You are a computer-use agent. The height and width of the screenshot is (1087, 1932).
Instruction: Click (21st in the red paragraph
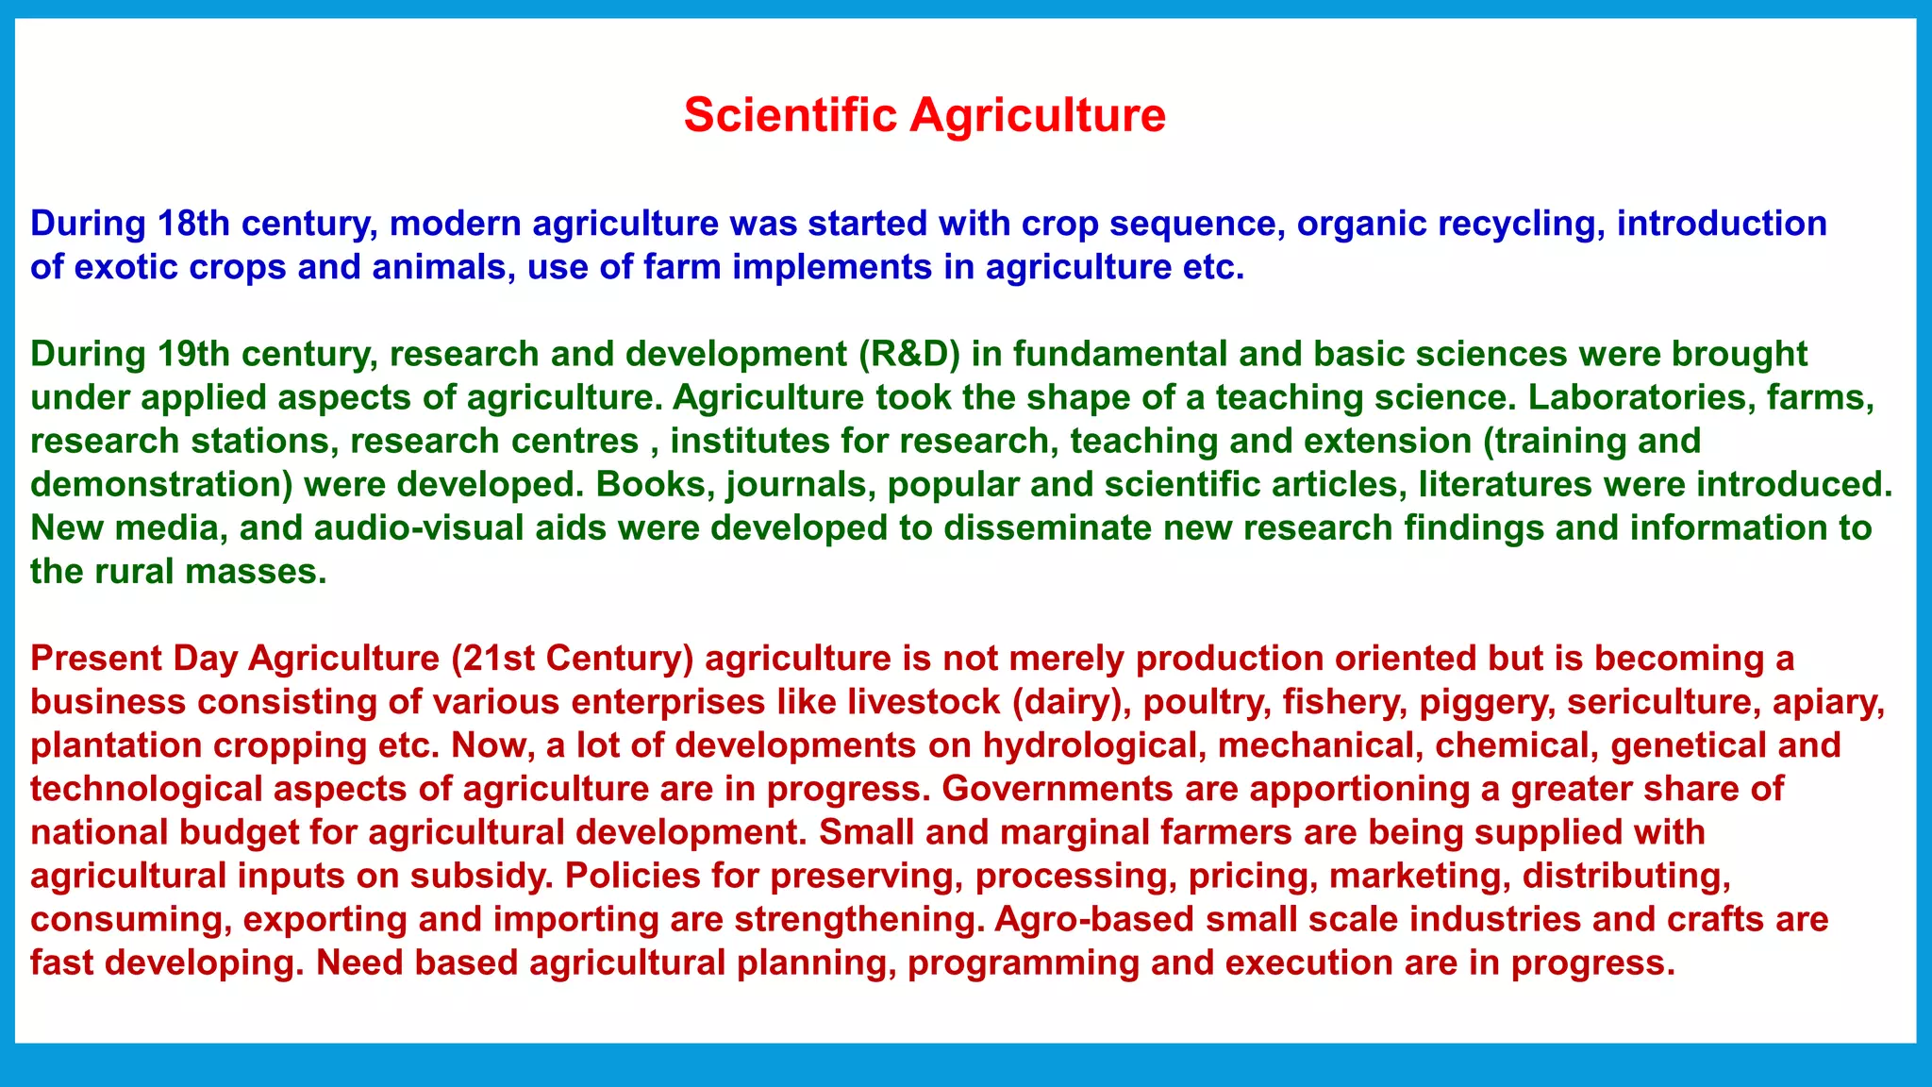[491, 658]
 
